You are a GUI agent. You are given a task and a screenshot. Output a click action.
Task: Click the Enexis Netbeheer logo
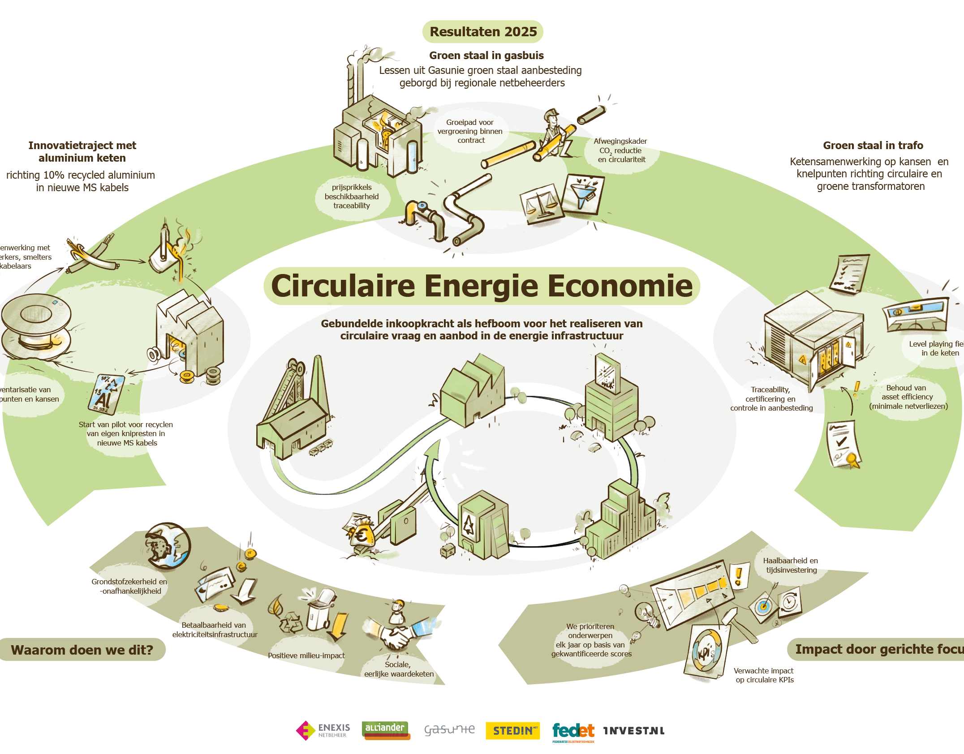pyautogui.click(x=323, y=730)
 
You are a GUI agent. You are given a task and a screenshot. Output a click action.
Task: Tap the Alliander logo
pyautogui.click(x=386, y=730)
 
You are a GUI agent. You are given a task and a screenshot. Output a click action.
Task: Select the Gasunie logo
pyautogui.click(x=449, y=730)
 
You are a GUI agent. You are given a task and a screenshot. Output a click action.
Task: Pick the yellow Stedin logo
pyautogui.click(x=512, y=731)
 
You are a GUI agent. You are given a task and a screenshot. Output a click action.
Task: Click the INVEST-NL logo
pyautogui.click(x=634, y=731)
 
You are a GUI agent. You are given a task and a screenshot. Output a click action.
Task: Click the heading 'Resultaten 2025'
pyautogui.click(x=483, y=32)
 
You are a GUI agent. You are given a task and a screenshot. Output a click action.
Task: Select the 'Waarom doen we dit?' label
pyautogui.click(x=82, y=650)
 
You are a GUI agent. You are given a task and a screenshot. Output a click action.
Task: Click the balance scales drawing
pyautogui.click(x=541, y=204)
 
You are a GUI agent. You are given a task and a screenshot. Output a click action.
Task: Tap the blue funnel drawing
pyautogui.click(x=583, y=194)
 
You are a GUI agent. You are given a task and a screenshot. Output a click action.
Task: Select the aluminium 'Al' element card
pyautogui.click(x=106, y=394)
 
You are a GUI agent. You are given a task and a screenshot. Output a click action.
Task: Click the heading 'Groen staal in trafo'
pyautogui.click(x=873, y=146)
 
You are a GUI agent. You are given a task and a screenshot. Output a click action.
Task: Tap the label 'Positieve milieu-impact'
pyautogui.click(x=306, y=655)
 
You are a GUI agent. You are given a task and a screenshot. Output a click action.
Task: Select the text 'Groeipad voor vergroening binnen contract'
pyautogui.click(x=470, y=131)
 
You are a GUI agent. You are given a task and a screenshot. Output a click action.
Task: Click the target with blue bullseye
pyautogui.click(x=764, y=607)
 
